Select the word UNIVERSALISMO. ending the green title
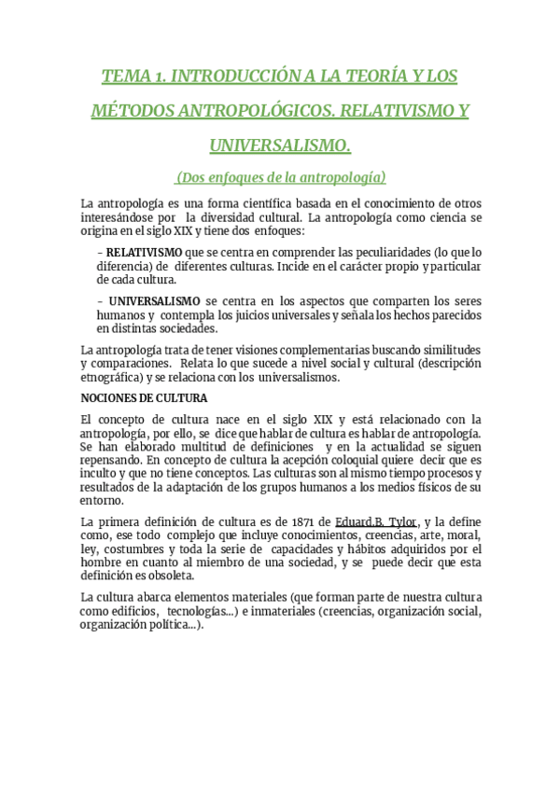point(280,146)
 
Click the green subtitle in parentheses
point(280,176)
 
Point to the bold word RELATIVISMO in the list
point(145,252)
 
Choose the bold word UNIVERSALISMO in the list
point(154,300)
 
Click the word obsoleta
point(166,576)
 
